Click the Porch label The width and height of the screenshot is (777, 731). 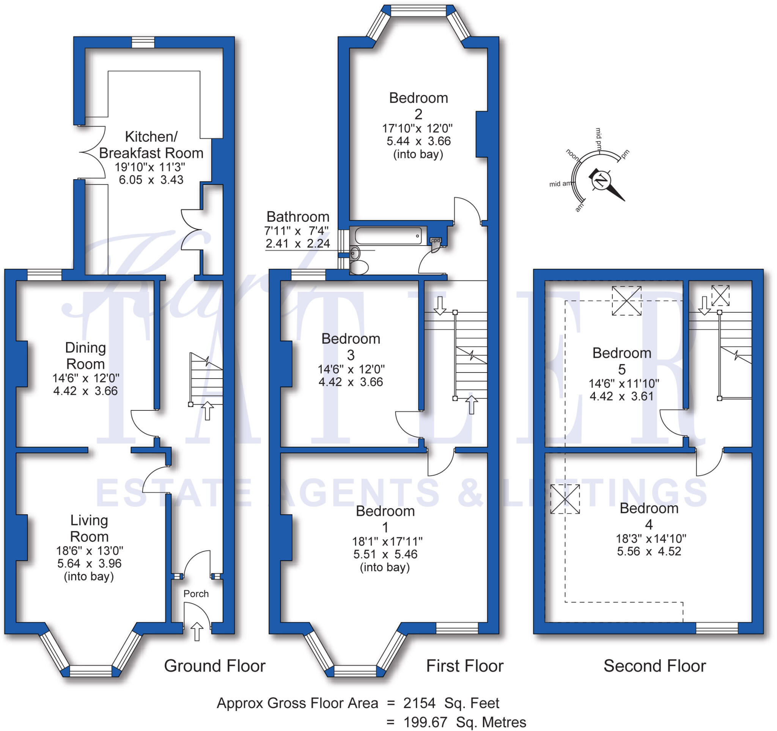[x=196, y=593]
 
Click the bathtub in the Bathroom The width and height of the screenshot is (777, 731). [x=388, y=236]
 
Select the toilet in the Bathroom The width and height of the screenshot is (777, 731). [x=359, y=268]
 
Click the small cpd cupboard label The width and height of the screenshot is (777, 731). [x=436, y=240]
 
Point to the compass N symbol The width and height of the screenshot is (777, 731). [x=601, y=180]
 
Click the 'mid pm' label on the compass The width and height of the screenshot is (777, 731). [x=598, y=138]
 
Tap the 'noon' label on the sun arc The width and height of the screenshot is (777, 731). [x=573, y=155]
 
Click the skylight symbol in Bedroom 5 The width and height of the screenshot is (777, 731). [x=626, y=301]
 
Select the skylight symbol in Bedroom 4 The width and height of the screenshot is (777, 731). [x=565, y=499]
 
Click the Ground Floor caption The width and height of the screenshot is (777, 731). [x=215, y=666]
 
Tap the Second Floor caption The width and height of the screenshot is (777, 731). [x=654, y=666]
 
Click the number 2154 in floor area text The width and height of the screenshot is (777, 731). [x=419, y=703]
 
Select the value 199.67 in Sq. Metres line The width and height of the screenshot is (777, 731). [x=425, y=722]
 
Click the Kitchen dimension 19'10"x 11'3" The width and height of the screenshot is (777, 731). [x=150, y=167]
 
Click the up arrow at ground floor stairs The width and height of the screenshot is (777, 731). [x=207, y=411]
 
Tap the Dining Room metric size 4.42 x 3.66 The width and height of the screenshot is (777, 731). [x=85, y=391]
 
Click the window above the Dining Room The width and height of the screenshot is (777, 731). [x=44, y=275]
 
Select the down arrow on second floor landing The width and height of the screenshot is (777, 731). [x=704, y=305]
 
